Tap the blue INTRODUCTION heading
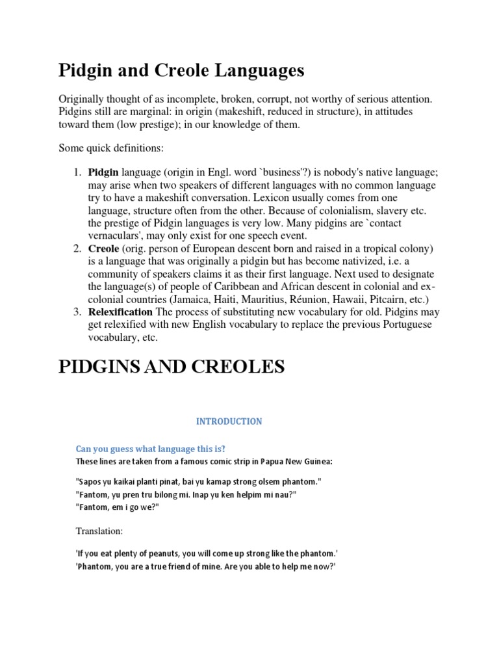point(229,421)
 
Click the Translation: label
point(99,531)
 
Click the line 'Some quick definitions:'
point(110,148)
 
